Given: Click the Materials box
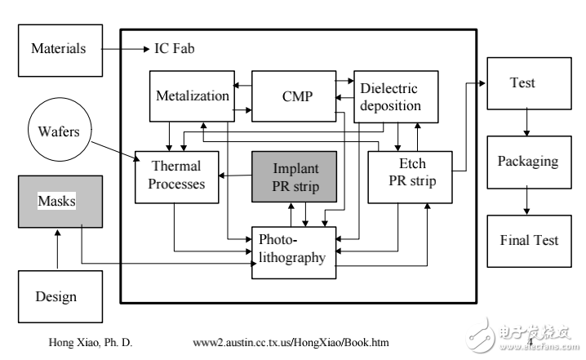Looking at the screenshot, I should [59, 49].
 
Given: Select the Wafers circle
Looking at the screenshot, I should [59, 131].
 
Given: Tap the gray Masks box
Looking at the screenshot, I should [60, 200].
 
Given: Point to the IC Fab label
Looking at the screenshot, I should [175, 49].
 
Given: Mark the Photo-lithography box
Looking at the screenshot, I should [293, 251].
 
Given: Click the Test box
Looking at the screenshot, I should [523, 83].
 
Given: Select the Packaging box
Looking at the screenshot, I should [527, 161].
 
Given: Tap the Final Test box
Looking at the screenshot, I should [529, 240].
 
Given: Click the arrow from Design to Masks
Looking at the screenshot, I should [57, 250].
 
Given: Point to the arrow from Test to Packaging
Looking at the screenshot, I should [528, 122].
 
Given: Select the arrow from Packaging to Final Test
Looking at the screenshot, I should [528, 200].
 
